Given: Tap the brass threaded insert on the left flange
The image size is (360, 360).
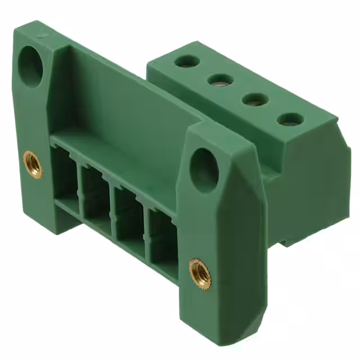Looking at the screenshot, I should click(x=33, y=164).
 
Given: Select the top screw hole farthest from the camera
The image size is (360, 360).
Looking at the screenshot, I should click(x=186, y=61).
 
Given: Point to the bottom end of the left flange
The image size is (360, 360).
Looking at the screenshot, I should click(x=42, y=222).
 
